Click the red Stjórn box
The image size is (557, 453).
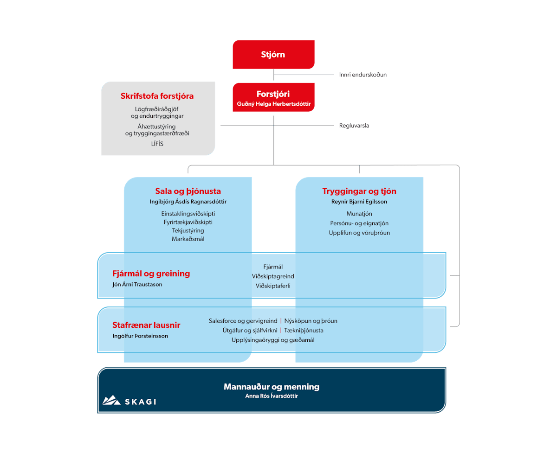[x=273, y=55]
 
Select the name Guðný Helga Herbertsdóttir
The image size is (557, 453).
[x=273, y=103]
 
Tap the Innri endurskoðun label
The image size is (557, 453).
[x=363, y=74]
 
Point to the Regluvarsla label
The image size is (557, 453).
[x=354, y=125]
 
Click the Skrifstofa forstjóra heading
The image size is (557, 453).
[x=157, y=96]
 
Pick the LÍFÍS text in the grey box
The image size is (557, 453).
[x=157, y=144]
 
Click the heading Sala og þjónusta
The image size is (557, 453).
[x=188, y=191]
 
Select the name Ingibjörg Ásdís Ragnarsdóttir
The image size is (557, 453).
[x=188, y=202]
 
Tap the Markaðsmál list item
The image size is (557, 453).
[x=188, y=239]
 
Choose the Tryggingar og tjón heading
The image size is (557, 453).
[x=359, y=191]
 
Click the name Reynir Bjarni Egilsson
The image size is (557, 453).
[x=359, y=202]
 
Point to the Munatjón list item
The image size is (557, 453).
[x=359, y=214]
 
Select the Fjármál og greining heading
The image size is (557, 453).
[x=151, y=274]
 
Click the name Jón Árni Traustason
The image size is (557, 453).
[x=137, y=284]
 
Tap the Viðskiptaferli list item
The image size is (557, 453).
[x=273, y=286]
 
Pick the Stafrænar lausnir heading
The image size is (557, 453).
[x=146, y=325]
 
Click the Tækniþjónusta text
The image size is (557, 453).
[x=304, y=331]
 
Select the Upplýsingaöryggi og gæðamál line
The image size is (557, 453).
[x=273, y=340]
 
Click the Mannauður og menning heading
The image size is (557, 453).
[x=272, y=387]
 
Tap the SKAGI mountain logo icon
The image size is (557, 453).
[x=111, y=400]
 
